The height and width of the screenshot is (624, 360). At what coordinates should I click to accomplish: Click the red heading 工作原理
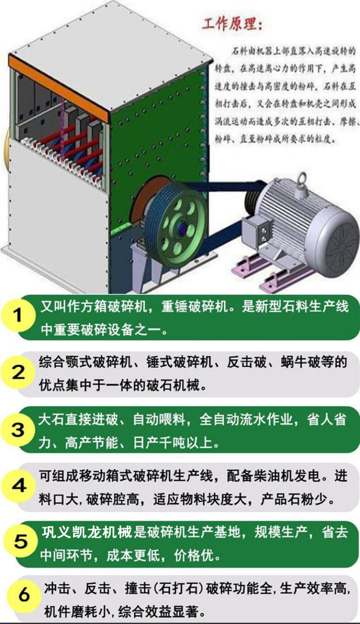click(x=232, y=24)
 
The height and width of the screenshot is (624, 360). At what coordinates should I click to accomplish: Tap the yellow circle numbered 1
click(x=18, y=316)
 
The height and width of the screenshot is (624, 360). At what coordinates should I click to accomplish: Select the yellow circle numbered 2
click(x=18, y=372)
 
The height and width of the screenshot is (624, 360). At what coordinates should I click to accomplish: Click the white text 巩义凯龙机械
click(x=87, y=532)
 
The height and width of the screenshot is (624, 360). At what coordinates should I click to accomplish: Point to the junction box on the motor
click(x=256, y=232)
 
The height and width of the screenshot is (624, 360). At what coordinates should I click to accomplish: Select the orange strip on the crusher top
click(x=58, y=89)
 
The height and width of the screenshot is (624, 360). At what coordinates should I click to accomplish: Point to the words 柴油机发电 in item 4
click(x=287, y=475)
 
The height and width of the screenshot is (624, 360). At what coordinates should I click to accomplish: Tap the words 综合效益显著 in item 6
click(x=158, y=611)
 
